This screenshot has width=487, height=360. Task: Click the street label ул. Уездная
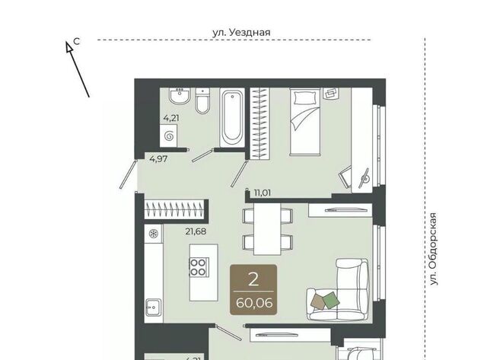pyautogui.click(x=241, y=32)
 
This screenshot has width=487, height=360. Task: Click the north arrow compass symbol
pyautogui.click(x=77, y=69)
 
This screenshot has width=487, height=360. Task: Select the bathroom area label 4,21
pyautogui.click(x=171, y=118)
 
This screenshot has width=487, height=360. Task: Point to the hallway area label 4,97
pyautogui.click(x=158, y=159)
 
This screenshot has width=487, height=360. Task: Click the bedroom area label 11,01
pyautogui.click(x=263, y=193)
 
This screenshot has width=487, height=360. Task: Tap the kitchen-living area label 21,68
pyautogui.click(x=196, y=231)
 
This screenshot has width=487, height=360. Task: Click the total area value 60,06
pyautogui.click(x=254, y=302)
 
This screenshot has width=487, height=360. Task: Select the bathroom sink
pyautogui.click(x=180, y=96)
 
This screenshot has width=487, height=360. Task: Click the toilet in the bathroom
pyautogui.click(x=202, y=100)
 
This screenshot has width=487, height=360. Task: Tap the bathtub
pyautogui.click(x=231, y=117)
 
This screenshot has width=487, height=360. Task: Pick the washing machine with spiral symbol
pyautogui.click(x=169, y=135)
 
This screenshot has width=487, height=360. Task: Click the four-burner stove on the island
pyautogui.click(x=199, y=267)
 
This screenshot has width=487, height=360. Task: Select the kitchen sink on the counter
pyautogui.click(x=154, y=307)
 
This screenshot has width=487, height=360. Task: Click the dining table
pyautogui.click(x=267, y=229)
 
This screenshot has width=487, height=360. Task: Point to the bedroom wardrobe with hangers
pyautogui.click(x=259, y=123)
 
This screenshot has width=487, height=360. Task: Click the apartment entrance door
pyautogui.click(x=129, y=174)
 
